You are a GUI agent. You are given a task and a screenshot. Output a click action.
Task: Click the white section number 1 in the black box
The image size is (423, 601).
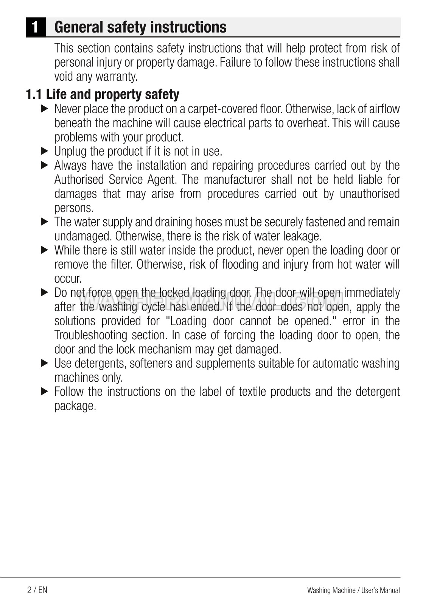[x=35, y=27]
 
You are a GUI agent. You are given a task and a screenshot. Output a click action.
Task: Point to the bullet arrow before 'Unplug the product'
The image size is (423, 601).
[x=45, y=151]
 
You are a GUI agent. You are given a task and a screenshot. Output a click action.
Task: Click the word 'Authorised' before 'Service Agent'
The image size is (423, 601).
[x=79, y=180]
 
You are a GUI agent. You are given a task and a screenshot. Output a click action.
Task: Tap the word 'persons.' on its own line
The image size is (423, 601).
[x=74, y=208]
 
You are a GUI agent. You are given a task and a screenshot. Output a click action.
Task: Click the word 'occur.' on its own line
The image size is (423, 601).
[x=68, y=279]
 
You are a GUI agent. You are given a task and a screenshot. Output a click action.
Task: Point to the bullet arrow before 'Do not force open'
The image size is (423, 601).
[x=45, y=293]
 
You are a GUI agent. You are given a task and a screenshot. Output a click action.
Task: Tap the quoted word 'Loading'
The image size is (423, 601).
[x=187, y=321]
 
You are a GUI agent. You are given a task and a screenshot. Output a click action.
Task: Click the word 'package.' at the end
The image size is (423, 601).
[x=75, y=406]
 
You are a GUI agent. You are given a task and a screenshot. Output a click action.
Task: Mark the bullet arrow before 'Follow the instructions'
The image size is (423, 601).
[x=45, y=392]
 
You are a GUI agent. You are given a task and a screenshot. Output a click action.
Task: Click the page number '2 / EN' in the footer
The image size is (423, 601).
[x=37, y=590]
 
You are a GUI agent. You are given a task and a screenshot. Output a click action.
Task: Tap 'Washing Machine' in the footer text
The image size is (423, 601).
[x=331, y=590]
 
